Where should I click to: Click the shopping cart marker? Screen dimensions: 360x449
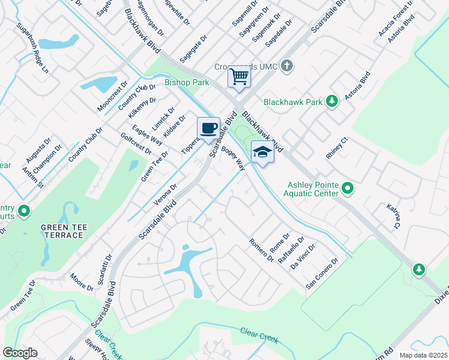coord(239,77)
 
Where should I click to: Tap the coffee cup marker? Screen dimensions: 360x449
coord(208,128)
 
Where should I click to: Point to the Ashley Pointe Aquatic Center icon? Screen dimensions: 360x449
coord(348,190)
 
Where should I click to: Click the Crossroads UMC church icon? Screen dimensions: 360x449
coord(287,65)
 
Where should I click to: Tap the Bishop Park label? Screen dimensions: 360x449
coord(186,83)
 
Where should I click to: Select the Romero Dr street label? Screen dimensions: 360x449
coord(262,250)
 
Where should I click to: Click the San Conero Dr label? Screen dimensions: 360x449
coord(322,274)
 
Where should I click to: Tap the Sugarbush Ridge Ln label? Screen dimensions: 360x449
coord(32,49)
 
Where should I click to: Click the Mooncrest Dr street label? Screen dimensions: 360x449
coord(113,96)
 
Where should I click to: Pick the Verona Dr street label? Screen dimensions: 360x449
coord(166,195)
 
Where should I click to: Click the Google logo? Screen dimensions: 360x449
coord(20,353)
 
